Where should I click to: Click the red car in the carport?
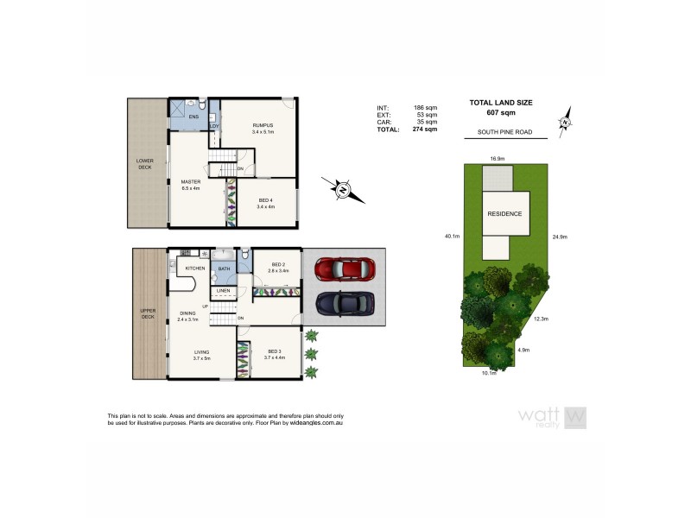(344, 269)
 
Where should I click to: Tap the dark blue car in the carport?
(344, 303)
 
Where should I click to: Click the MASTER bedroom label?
(190, 183)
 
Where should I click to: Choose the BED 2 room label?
(279, 264)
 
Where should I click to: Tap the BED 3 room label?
(275, 351)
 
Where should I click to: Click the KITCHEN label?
(194, 268)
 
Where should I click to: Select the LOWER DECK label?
(145, 163)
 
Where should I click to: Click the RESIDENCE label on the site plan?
(504, 213)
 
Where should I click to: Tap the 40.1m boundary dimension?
(452, 235)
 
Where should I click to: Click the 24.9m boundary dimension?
(559, 235)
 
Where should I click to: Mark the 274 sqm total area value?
(425, 129)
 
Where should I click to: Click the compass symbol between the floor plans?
(342, 188)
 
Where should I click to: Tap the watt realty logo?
(553, 417)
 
